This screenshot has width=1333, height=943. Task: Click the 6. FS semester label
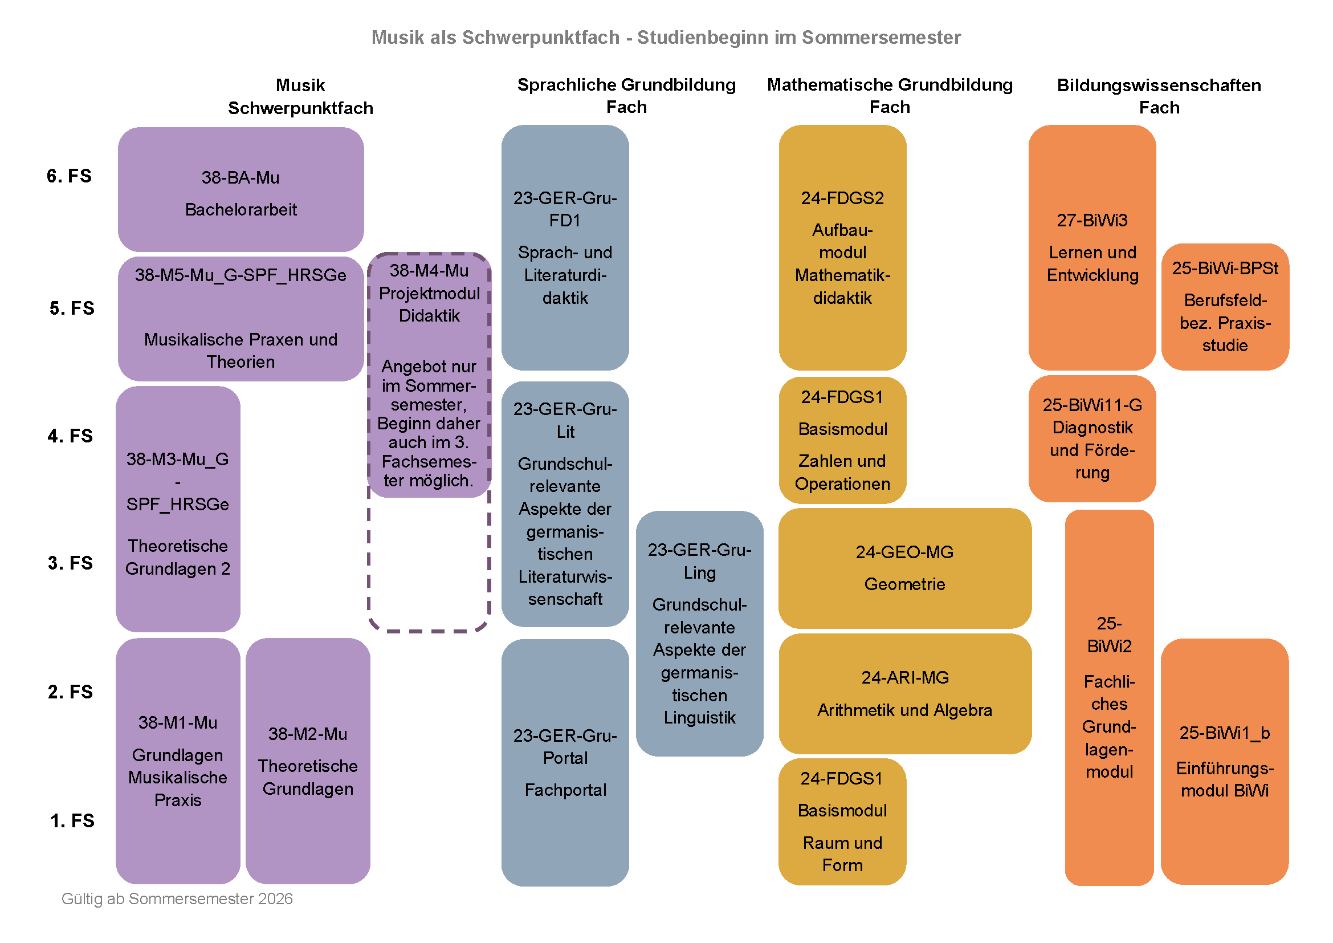[x=69, y=176]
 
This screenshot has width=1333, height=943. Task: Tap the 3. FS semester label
[x=70, y=563]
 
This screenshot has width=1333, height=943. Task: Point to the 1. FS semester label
[x=72, y=820]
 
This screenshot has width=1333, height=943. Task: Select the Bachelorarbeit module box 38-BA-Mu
[x=240, y=189]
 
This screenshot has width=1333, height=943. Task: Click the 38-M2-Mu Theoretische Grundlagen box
[x=308, y=761]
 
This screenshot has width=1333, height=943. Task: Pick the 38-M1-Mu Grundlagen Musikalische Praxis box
[x=178, y=761]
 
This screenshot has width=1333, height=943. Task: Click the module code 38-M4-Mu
[x=429, y=271]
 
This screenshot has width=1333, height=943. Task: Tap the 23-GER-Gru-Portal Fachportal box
[x=565, y=762]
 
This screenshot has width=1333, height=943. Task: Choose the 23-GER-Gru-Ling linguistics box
[x=699, y=633]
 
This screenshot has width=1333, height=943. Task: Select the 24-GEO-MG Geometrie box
[x=904, y=568]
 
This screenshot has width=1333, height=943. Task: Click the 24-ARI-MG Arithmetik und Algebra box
[x=904, y=693]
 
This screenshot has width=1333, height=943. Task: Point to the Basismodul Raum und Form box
[x=842, y=821]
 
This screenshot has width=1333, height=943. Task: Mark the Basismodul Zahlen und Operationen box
[x=842, y=440]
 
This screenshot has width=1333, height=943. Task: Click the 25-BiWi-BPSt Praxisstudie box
[x=1225, y=307]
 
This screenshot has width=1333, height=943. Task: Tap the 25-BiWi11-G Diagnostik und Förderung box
[x=1092, y=438]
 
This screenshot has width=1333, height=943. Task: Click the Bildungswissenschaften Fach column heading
[x=1159, y=96]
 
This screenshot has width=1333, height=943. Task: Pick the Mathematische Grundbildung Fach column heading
[x=890, y=95]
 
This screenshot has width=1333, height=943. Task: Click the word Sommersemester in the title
[x=880, y=37]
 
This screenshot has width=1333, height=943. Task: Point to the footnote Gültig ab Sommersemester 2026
[x=177, y=899]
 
